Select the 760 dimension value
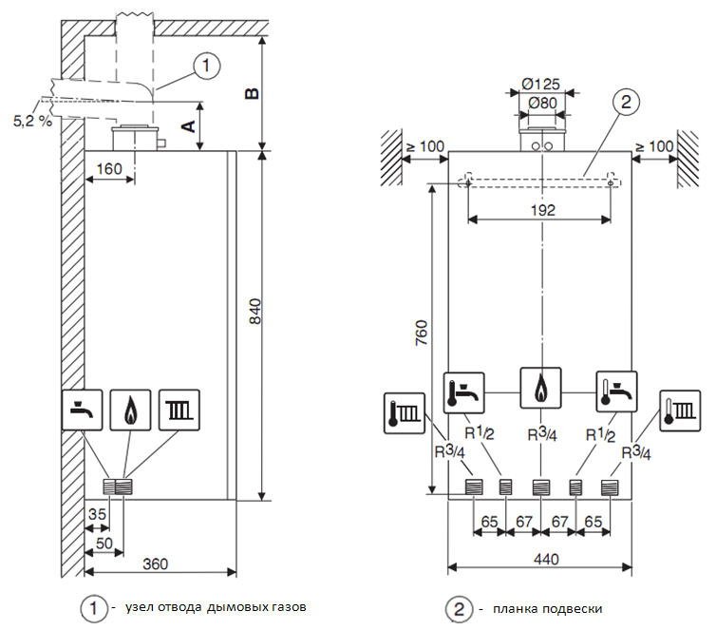(422, 334)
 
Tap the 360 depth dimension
(155, 563)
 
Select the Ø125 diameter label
(541, 82)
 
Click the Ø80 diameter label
(541, 101)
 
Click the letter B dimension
(251, 93)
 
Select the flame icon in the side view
(129, 410)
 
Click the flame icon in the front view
(541, 388)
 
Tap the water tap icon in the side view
(82, 410)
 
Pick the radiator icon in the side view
(178, 410)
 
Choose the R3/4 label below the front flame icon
(541, 435)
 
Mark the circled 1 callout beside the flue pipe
(205, 67)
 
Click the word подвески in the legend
(568, 608)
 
